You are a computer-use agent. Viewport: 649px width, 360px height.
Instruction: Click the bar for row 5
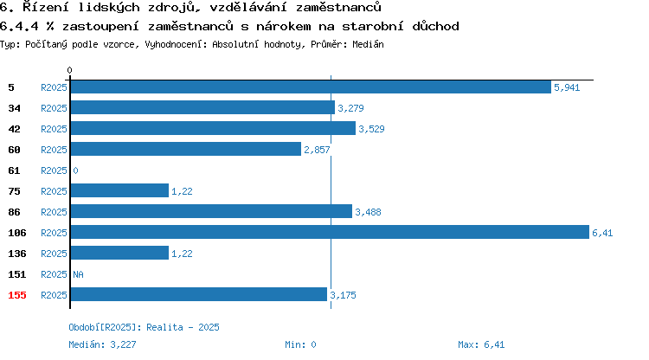[311, 87]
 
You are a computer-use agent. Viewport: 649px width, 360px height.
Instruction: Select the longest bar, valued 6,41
[330, 232]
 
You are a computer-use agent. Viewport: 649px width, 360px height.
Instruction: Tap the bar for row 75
[119, 190]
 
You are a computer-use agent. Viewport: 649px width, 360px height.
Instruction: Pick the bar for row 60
[186, 150]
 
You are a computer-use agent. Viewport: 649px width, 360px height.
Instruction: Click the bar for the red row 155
[199, 294]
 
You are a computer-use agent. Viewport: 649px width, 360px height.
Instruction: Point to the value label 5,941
[567, 87]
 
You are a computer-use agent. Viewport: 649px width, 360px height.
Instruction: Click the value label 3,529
[371, 129]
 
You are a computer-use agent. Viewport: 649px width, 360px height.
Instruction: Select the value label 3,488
[368, 212]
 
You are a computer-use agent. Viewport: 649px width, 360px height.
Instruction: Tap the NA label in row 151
[78, 274]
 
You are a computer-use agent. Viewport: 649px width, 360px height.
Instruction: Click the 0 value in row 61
[75, 170]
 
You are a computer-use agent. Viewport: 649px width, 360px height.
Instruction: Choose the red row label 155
[17, 295]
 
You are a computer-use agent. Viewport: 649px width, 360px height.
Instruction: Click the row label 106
[17, 233]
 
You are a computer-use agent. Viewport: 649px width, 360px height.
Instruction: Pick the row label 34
[14, 108]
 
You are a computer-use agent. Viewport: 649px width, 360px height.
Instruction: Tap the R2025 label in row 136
[54, 254]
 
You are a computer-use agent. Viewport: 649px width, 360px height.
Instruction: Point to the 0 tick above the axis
[69, 70]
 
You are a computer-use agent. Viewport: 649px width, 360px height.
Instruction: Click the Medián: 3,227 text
[102, 344]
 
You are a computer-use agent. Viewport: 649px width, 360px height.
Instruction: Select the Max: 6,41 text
[481, 344]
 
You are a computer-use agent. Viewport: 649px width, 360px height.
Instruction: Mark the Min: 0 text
[300, 344]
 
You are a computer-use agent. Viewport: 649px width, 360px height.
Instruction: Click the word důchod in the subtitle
[435, 26]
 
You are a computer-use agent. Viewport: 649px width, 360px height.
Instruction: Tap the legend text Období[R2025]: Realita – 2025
[144, 327]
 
